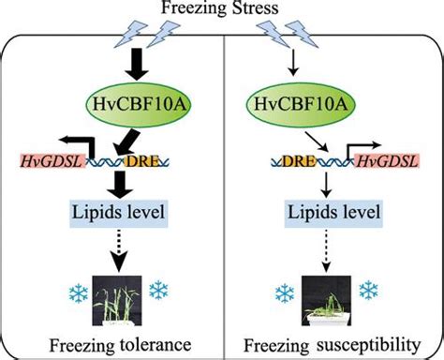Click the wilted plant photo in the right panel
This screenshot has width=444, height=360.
pos(326,293)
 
